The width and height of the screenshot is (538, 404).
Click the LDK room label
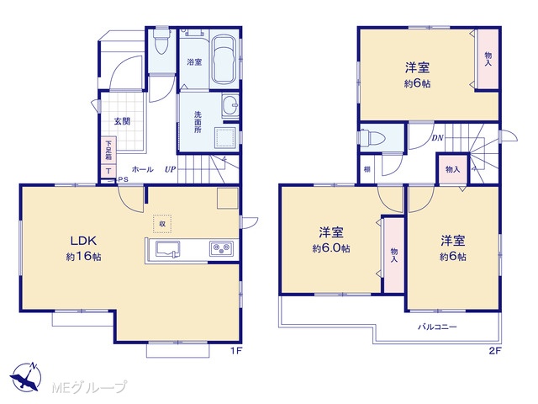[x=84, y=241]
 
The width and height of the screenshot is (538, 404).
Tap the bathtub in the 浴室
[x=224, y=59]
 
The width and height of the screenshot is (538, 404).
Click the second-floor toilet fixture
[x=372, y=138]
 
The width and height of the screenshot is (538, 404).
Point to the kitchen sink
[x=168, y=249]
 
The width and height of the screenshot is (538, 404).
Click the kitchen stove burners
[x=221, y=249]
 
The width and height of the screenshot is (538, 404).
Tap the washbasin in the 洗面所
[x=230, y=102]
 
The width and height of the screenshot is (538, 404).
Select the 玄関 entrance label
[x=122, y=121]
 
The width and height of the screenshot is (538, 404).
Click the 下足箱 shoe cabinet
[x=108, y=151]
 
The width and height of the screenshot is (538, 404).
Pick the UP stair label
[x=170, y=169]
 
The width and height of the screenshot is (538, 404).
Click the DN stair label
[x=437, y=138]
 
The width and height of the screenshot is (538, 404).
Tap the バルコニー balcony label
[x=437, y=327]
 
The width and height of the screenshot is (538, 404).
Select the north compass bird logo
[x=26, y=376]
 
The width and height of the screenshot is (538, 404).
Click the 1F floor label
[x=236, y=351]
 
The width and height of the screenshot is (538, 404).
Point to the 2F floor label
[x=495, y=351]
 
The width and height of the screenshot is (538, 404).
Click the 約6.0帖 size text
[x=331, y=248]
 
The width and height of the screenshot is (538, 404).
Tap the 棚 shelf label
[x=367, y=169]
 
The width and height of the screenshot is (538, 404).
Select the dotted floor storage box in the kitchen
[x=162, y=224]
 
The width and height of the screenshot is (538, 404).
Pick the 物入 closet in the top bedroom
[x=488, y=59]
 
